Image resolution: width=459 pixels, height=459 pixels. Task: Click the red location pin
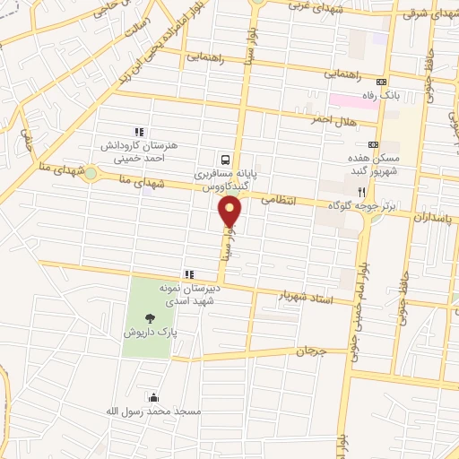[230, 212]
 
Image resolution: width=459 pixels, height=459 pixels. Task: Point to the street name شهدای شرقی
[429, 13]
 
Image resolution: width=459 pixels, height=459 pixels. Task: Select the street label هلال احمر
[333, 118]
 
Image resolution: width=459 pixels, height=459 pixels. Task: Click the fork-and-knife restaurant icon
[361, 191]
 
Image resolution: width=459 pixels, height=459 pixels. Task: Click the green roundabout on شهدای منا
[91, 174]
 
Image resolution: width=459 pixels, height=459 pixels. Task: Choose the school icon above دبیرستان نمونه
[188, 274]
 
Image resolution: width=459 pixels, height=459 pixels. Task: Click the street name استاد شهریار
[306, 297]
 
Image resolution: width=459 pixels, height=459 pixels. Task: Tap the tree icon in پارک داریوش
[149, 316]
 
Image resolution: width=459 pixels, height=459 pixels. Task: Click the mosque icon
[153, 398]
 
